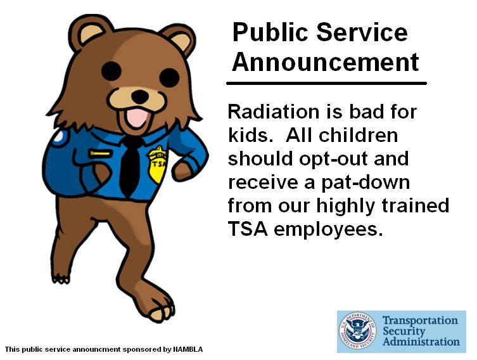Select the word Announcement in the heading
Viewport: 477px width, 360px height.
tap(325, 62)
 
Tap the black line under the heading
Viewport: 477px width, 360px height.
tap(326, 83)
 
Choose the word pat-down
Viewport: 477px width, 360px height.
tap(365, 183)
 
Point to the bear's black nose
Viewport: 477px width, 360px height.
tap(139, 96)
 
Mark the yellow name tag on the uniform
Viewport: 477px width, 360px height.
tap(101, 153)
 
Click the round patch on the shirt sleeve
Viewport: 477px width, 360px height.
tap(58, 135)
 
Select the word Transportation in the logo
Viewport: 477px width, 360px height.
tap(419, 321)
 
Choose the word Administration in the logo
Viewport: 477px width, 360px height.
tap(421, 342)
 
